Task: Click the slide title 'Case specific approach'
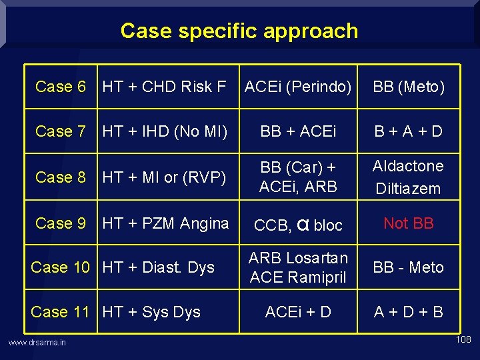click(239, 31)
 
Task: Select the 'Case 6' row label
click(61, 87)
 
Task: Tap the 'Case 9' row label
click(61, 223)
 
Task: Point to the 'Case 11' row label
click(60, 312)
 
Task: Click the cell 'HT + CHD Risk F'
click(165, 87)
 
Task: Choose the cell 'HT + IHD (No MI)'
click(165, 131)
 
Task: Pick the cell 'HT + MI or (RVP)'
click(164, 177)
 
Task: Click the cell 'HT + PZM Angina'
click(165, 223)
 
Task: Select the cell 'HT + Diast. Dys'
click(159, 267)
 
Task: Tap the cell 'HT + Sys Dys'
click(151, 312)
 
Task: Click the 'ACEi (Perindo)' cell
click(298, 87)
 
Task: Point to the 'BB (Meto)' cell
click(409, 87)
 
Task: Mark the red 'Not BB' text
click(409, 223)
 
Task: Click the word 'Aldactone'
click(408, 166)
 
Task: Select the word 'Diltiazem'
click(408, 189)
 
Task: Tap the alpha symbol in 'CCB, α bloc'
click(303, 225)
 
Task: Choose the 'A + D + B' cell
click(409, 312)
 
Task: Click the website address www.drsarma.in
click(37, 343)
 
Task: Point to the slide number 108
click(463, 340)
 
